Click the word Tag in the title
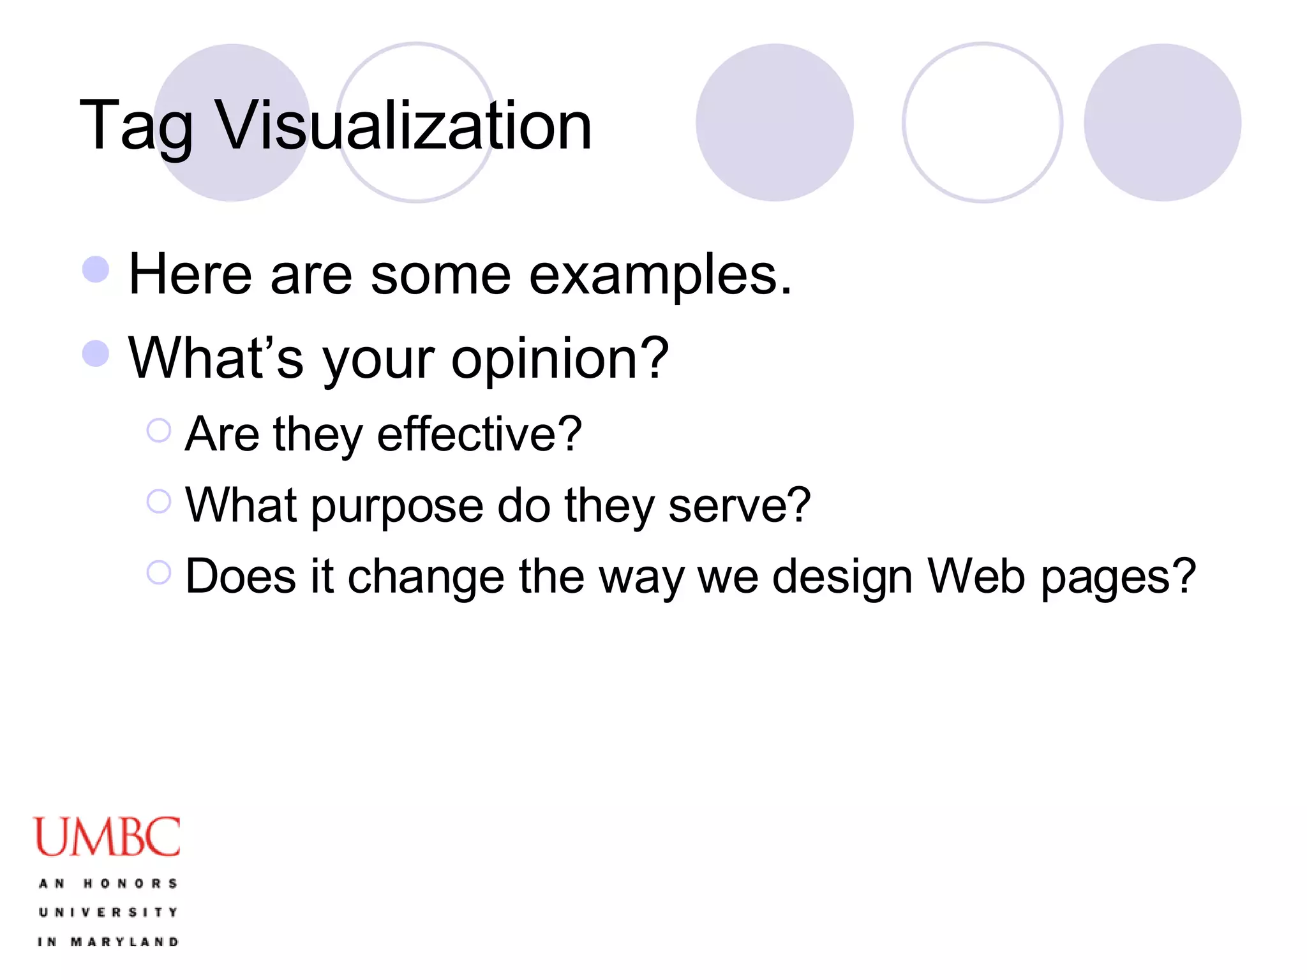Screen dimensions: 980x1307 pos(135,126)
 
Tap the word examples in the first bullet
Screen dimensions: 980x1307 pos(660,276)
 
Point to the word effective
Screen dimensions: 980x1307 pos(479,434)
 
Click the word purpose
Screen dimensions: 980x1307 pos(397,506)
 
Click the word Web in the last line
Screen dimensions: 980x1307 pos(976,576)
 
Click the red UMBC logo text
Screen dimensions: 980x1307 pos(107,837)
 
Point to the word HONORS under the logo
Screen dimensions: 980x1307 pos(130,884)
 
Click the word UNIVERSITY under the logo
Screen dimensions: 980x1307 pos(108,912)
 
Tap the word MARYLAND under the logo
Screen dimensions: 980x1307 pos(124,942)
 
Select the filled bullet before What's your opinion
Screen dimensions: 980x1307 pos(96,353)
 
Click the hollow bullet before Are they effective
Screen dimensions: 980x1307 pos(159,431)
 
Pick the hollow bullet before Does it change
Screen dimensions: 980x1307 pos(159,572)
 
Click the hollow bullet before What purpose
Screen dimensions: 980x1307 pos(159,501)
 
